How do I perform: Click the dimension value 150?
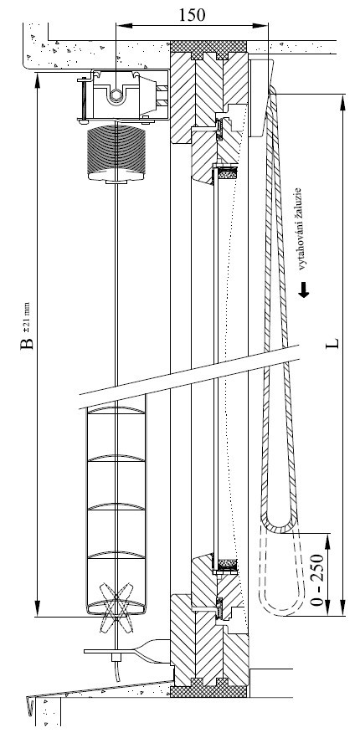(192, 14)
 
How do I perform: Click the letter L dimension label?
(332, 344)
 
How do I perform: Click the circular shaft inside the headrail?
(115, 96)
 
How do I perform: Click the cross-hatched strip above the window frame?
(208, 46)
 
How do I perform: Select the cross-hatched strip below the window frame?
(208, 691)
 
